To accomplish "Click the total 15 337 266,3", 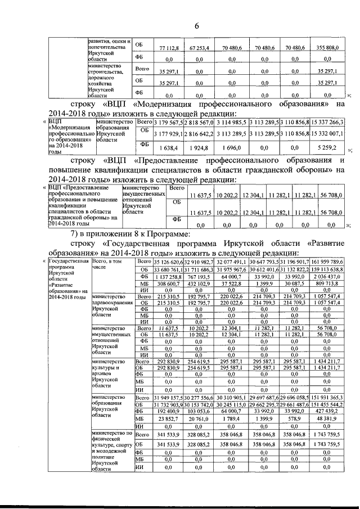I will pyautogui.click(x=331, y=122).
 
